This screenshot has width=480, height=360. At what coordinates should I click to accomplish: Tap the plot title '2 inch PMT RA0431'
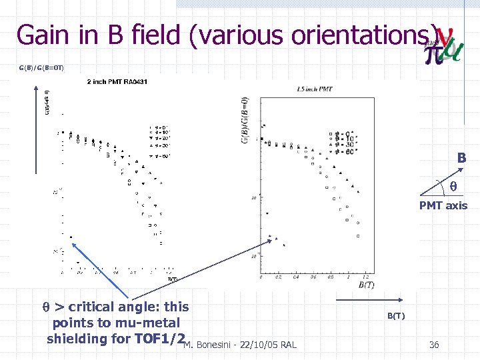pos(117,82)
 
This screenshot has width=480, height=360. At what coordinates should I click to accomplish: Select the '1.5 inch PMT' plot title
pos(315,89)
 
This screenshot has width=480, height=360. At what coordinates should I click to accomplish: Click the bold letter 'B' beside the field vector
pos(461,159)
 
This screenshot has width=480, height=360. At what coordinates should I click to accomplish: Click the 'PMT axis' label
pos(443,205)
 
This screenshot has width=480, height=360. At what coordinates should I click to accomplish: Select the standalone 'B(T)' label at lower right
pos(396,315)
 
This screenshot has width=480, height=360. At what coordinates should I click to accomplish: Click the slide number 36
pos(434,344)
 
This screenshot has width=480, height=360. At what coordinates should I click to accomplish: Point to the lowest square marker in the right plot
pos(358,236)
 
